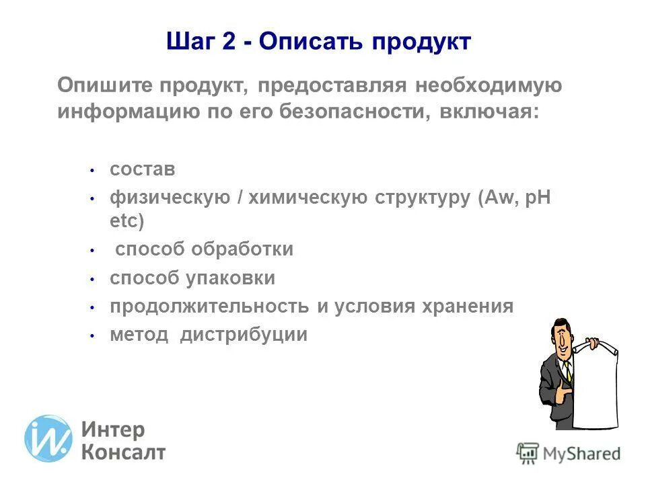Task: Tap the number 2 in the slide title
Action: click(229, 42)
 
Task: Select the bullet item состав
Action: click(142, 169)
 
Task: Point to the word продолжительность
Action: click(210, 307)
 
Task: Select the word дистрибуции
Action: click(243, 335)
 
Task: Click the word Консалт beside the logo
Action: click(123, 451)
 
